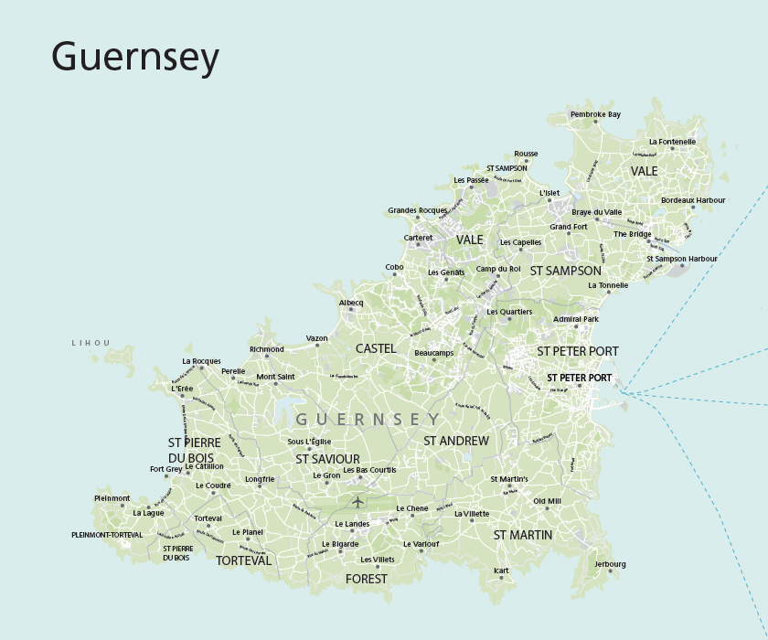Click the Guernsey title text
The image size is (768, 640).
click(x=135, y=58)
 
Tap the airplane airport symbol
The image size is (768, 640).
click(x=357, y=501)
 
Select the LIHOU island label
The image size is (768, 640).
click(x=91, y=343)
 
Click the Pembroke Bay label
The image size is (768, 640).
click(x=595, y=114)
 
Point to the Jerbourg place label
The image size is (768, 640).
click(x=610, y=564)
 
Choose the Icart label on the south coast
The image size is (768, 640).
click(x=501, y=571)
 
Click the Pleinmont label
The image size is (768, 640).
click(x=112, y=498)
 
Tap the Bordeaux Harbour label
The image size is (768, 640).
click(x=693, y=199)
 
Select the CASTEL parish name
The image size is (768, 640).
click(x=376, y=348)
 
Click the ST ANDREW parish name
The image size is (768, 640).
click(x=456, y=441)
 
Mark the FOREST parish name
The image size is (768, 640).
click(x=367, y=579)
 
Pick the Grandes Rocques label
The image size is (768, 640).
click(x=418, y=210)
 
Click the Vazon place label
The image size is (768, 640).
click(x=317, y=338)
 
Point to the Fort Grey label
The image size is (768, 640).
click(x=166, y=469)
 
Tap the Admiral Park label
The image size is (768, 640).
click(x=576, y=319)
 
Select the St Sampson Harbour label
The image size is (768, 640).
click(x=682, y=259)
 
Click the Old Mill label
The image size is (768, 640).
click(x=548, y=501)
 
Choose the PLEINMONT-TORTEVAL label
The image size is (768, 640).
click(x=107, y=534)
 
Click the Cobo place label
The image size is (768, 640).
click(x=394, y=267)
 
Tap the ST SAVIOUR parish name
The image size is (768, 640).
click(x=327, y=459)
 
